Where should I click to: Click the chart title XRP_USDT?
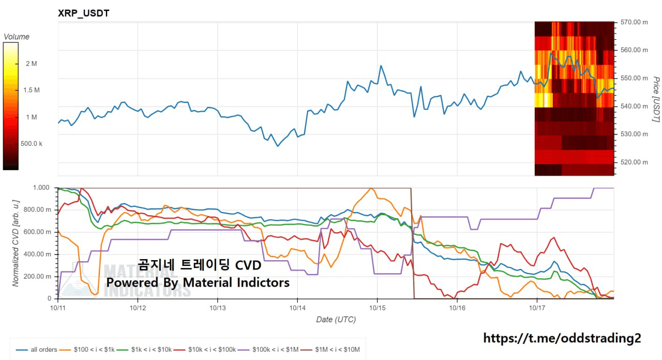point(84,13)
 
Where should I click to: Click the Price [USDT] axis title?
point(656,99)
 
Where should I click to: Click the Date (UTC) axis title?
point(336,320)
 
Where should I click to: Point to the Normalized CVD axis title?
point(16,242)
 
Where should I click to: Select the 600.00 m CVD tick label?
point(40,232)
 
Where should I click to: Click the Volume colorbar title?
point(17,37)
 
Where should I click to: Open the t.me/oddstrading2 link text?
point(562,338)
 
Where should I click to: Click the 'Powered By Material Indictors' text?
point(198,282)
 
